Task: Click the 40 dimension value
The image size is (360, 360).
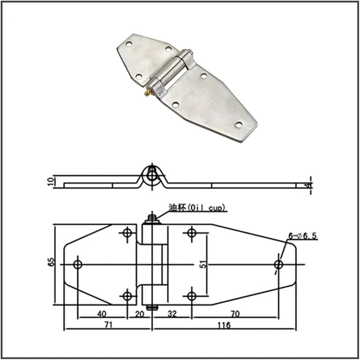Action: tap(102, 314)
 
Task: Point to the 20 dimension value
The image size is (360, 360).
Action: tap(139, 314)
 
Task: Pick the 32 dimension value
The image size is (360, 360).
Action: tap(172, 314)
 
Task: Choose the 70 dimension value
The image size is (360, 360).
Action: tap(235, 314)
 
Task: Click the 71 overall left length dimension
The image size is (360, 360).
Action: tap(108, 325)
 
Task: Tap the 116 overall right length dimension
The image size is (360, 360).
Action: tap(224, 325)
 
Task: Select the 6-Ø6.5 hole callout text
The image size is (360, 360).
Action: tap(303, 235)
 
